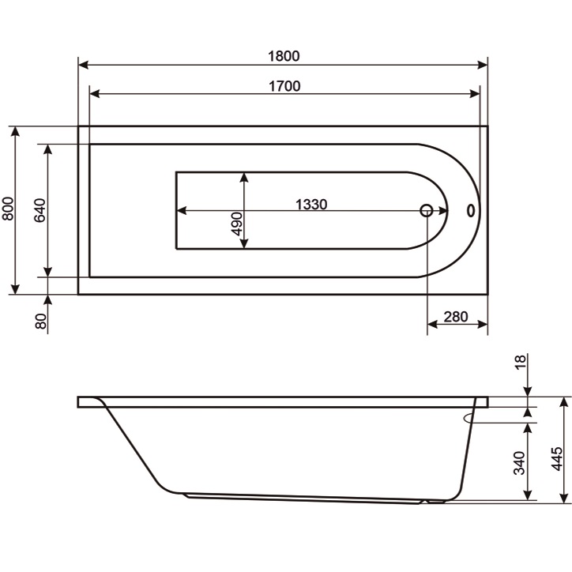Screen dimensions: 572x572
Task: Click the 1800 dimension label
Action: pyautogui.click(x=284, y=56)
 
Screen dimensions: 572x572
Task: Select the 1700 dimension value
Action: pyautogui.click(x=284, y=86)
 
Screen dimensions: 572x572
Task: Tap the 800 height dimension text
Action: pyautogui.click(x=8, y=209)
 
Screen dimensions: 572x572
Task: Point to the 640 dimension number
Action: pyautogui.click(x=40, y=210)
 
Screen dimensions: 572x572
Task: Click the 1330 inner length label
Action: pyautogui.click(x=311, y=205)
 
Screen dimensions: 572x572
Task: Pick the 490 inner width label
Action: pyautogui.click(x=237, y=224)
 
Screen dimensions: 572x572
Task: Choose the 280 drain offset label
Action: pyautogui.click(x=456, y=317)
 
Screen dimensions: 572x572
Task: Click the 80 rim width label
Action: pyautogui.click(x=41, y=321)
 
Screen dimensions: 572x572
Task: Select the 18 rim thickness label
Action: pyautogui.click(x=521, y=363)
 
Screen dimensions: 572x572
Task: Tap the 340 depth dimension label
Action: pyautogui.click(x=519, y=463)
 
